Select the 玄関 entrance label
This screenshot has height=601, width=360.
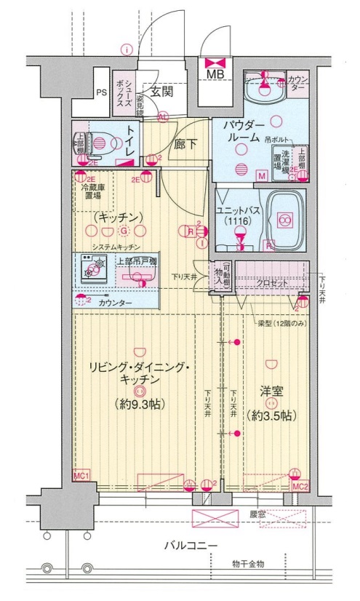(162, 91)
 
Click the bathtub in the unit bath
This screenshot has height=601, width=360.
(284, 218)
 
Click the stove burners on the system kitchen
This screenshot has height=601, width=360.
(92, 271)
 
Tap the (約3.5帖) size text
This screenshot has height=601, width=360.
(270, 415)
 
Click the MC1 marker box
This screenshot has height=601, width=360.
(81, 475)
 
